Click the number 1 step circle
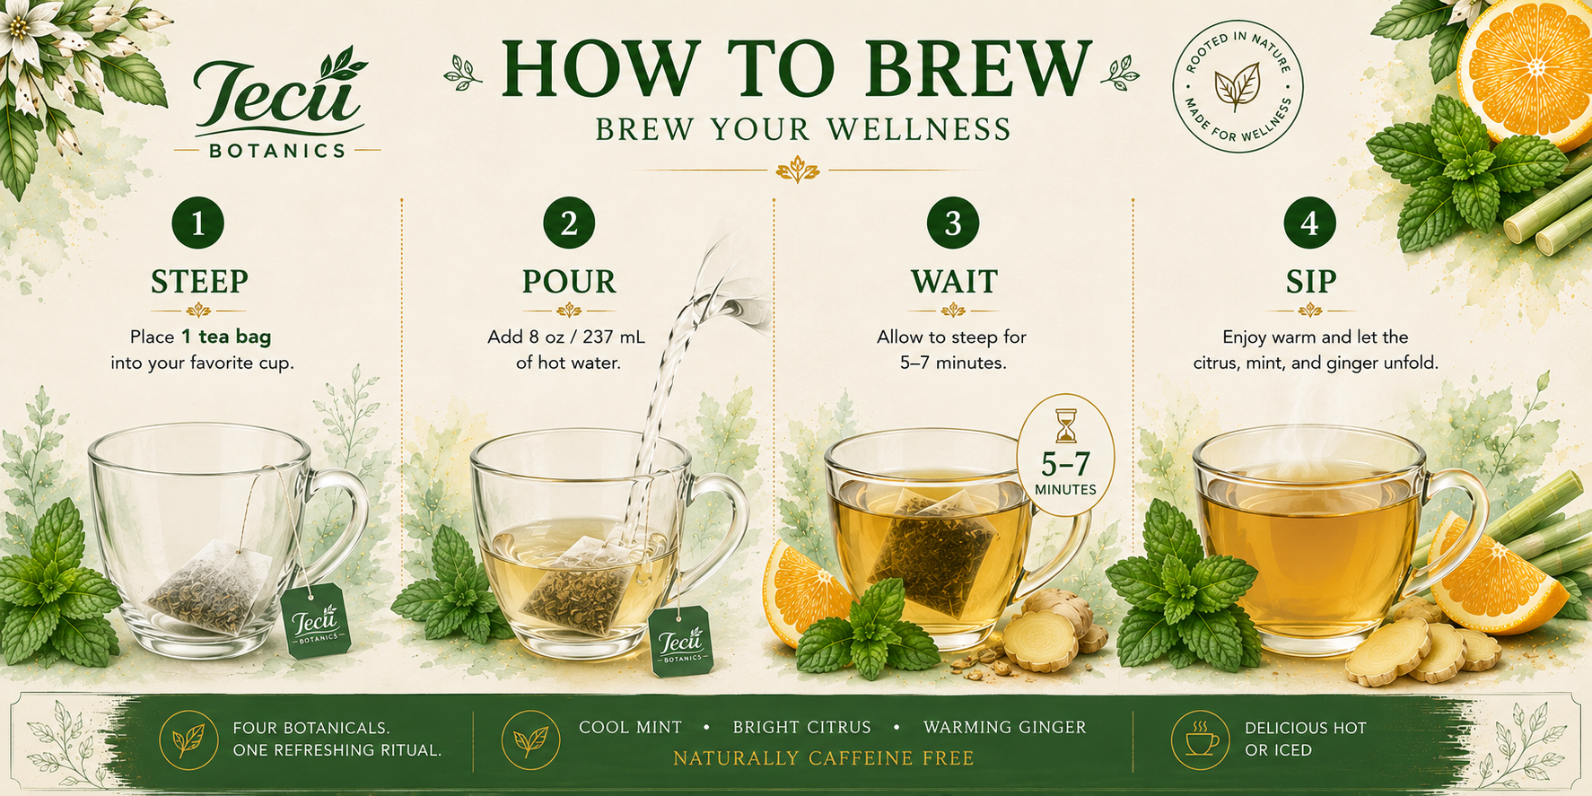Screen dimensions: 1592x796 coord(197,223)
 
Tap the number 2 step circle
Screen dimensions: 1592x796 coord(569,223)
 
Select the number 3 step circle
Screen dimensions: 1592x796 coord(953,223)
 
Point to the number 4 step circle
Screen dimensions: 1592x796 coord(1309,223)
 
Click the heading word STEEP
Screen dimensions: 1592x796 coord(199,282)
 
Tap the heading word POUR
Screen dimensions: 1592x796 coord(569,282)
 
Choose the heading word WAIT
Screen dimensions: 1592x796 coord(954,282)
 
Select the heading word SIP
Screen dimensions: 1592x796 coord(1311,282)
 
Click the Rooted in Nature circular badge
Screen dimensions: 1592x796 coord(1238,87)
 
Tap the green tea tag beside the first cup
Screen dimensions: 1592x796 coord(315,620)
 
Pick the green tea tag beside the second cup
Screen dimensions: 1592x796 coord(681,641)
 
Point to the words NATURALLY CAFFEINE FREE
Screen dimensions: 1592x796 coord(824,759)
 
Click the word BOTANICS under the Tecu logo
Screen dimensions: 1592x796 coord(277,151)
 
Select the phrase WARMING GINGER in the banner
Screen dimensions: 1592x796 coord(1005,728)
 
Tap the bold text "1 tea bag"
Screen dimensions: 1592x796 coord(226,337)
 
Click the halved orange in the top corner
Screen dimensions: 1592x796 coord(1525,72)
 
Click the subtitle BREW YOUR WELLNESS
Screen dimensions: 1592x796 coord(804,129)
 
